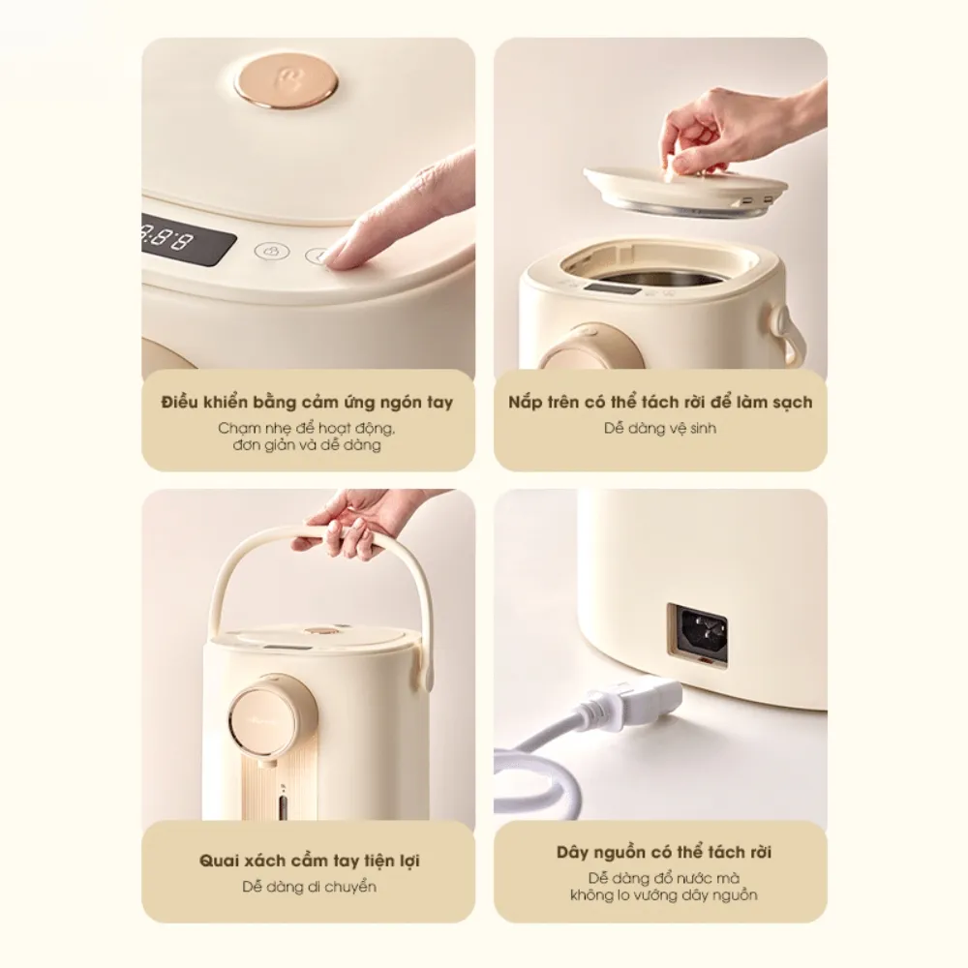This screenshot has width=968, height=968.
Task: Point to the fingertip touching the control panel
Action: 334,257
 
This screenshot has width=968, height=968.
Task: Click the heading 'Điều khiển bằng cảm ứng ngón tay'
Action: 307,402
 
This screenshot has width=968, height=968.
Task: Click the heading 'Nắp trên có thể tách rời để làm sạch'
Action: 660,402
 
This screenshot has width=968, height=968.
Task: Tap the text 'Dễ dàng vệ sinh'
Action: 661,427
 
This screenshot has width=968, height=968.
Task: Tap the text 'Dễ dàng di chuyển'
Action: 308,886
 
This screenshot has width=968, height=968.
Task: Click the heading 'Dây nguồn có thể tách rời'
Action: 664,853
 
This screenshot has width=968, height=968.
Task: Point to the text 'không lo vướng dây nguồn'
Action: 664,895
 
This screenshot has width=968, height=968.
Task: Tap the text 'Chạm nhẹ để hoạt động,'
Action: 307,427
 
